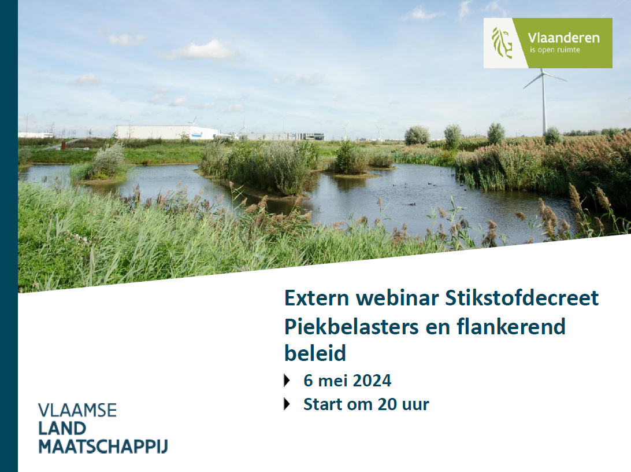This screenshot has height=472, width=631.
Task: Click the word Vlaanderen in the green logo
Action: [x=563, y=38]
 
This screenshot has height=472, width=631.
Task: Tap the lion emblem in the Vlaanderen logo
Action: [x=502, y=43]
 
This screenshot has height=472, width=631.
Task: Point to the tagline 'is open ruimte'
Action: [x=555, y=50]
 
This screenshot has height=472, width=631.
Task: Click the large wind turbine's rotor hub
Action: [x=543, y=73]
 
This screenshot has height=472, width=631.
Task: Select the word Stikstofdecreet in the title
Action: [x=522, y=298]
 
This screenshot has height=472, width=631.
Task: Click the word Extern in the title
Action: [x=317, y=298]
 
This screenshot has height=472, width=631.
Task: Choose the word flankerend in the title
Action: [x=511, y=326]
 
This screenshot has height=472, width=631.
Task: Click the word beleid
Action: [x=315, y=353]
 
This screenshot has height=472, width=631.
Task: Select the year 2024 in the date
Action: [x=370, y=381]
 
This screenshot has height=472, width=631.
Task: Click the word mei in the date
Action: [x=331, y=381]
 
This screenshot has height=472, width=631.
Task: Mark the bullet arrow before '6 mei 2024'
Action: [x=287, y=381]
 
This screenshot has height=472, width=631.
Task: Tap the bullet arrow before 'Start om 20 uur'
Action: [x=287, y=404]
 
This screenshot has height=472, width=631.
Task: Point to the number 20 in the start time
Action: [x=388, y=404]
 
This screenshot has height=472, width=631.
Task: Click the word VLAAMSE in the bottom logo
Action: [x=77, y=410]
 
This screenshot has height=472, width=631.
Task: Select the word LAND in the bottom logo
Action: [x=62, y=429]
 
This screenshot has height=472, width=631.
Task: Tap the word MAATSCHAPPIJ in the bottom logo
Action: [x=103, y=447]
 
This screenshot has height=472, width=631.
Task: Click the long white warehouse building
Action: [x=167, y=132]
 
